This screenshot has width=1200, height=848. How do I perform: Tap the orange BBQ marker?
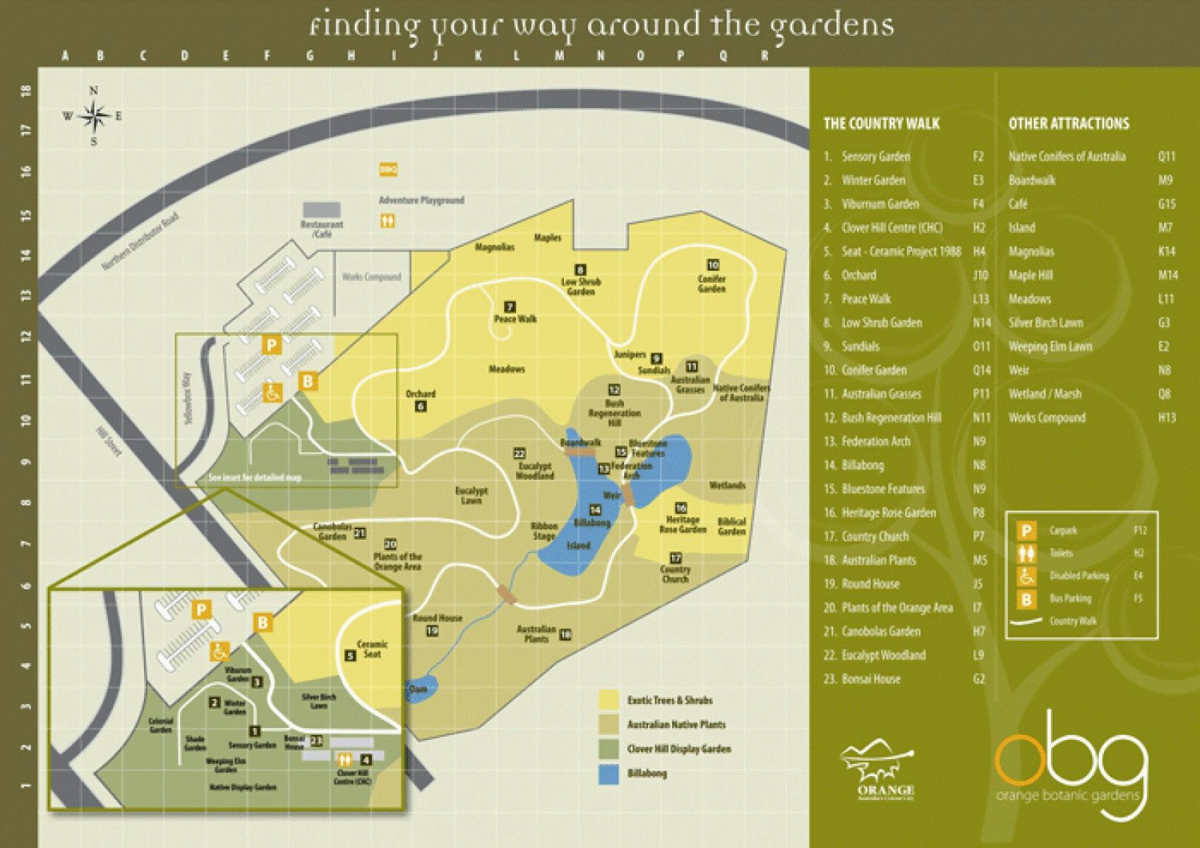point(388,170)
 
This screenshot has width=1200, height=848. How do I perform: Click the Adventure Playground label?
point(421,200)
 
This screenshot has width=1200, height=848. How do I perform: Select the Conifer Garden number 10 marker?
point(713,265)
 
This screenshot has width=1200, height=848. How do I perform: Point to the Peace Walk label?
point(515,319)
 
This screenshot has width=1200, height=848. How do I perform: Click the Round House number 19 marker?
point(433,630)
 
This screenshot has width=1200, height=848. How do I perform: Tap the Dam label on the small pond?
point(417,689)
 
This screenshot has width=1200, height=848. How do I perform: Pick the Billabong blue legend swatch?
point(609,773)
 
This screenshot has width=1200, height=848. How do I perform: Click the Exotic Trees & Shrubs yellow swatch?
point(609,700)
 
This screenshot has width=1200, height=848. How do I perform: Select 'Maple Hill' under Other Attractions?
point(1030,275)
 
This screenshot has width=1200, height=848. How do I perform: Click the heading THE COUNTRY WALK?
point(881,124)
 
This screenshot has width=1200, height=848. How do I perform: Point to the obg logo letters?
point(1069,763)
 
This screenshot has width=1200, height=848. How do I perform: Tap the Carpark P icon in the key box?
point(1026,530)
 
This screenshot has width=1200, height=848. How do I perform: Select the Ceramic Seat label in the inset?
point(372,649)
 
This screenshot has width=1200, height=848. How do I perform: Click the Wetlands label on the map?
point(727,485)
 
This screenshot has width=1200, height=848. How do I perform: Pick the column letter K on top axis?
point(478,56)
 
